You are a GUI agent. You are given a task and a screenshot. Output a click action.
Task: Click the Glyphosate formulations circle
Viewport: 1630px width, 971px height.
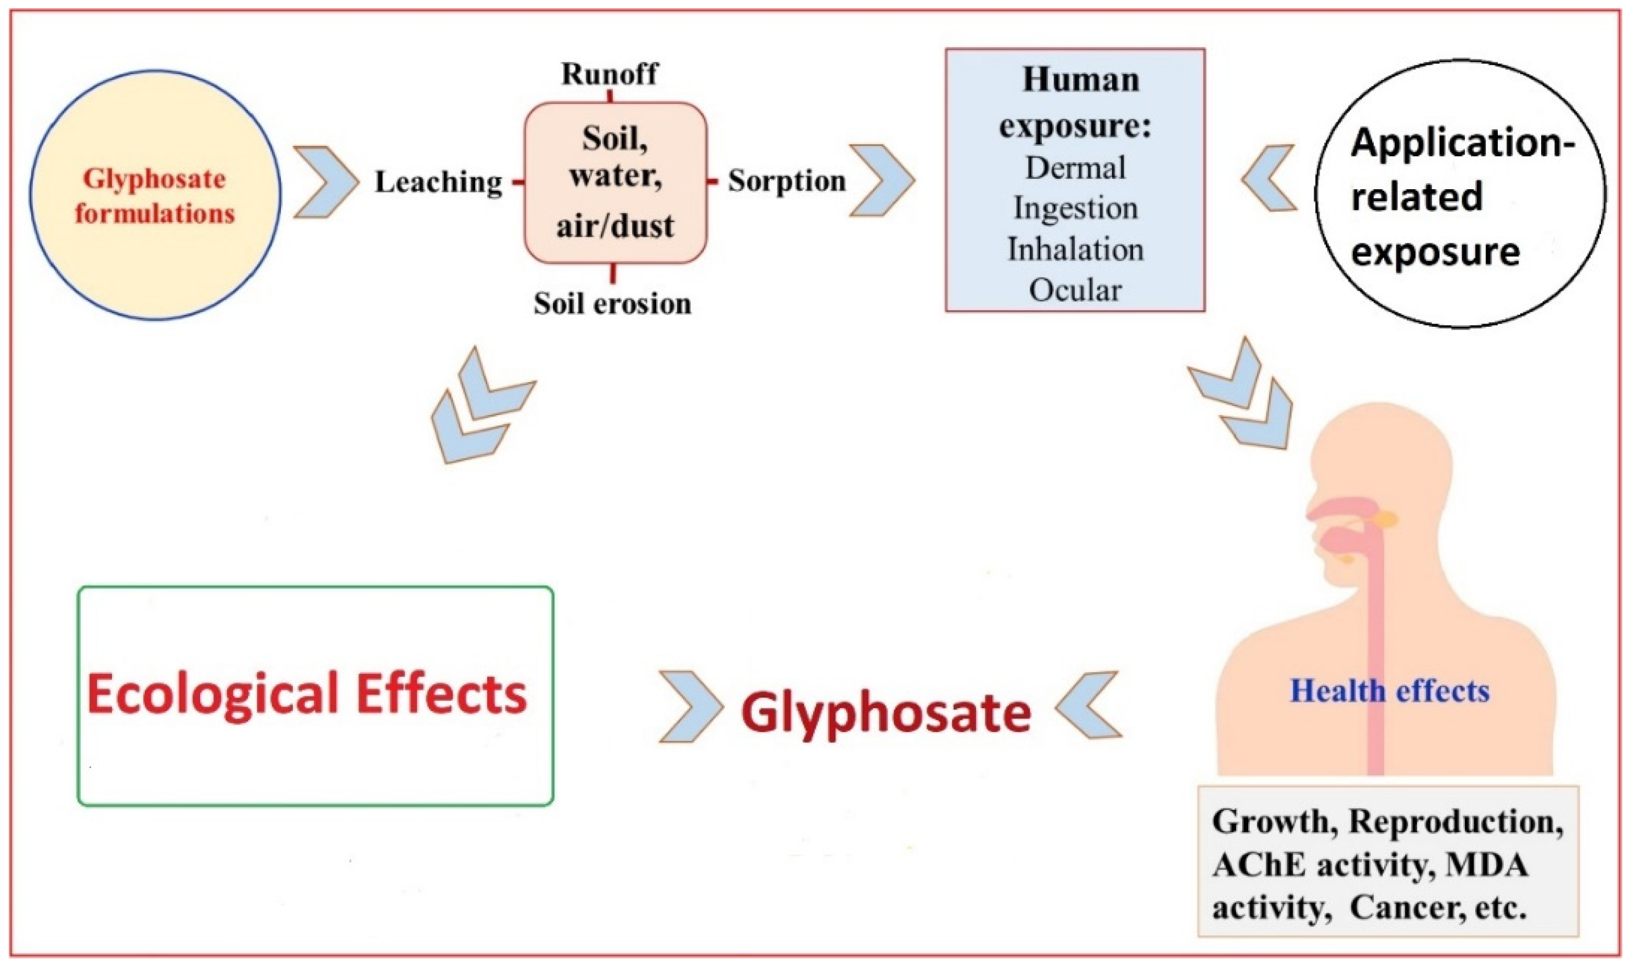pos(155,195)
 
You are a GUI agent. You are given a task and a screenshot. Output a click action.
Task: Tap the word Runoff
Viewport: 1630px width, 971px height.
pos(609,74)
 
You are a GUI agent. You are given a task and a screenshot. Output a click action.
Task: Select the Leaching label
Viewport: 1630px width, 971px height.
pos(438,183)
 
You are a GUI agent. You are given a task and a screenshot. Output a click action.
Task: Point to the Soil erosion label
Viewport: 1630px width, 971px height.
pos(612,304)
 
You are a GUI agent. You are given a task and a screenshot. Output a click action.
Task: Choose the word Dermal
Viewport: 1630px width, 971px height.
pos(1075,168)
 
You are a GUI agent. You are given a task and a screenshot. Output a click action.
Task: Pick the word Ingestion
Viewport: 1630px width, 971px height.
pos(1075,209)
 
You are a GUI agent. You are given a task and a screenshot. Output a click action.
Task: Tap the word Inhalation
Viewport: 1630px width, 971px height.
pos(1075,250)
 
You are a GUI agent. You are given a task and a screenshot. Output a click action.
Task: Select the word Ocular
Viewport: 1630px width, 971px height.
pos(1075,290)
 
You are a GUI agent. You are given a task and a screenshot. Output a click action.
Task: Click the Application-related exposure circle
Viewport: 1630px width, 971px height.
pos(1460,194)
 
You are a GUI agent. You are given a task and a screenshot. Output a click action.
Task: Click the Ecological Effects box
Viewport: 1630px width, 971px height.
pos(315,696)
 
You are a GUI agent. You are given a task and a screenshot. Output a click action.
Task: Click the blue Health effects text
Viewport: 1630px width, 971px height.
pos(1389,691)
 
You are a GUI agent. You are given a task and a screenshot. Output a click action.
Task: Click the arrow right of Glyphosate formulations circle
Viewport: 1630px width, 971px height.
pos(325,182)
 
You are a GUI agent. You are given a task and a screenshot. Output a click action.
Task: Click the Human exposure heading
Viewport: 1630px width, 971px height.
pos(1075,102)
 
